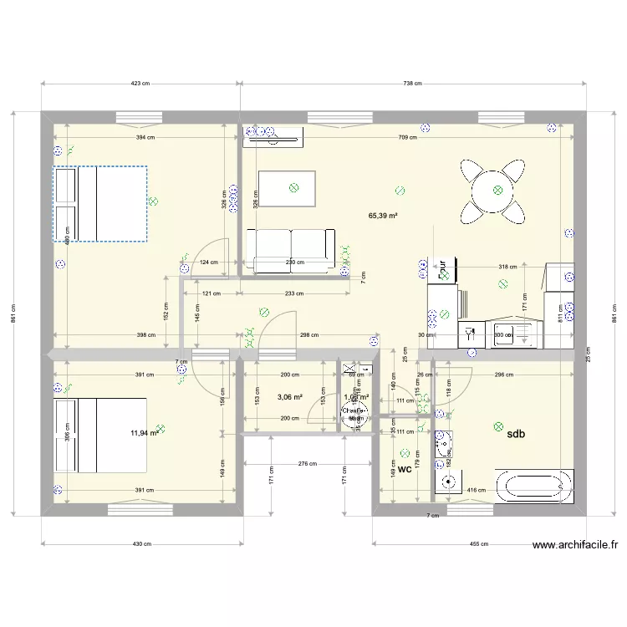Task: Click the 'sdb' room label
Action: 515,433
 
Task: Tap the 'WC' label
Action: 405,470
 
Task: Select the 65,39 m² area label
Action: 383,215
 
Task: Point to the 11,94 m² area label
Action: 143,433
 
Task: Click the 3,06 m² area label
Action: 289,398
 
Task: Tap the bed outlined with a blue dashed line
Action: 100,204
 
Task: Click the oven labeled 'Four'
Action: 443,269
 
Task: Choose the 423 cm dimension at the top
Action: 140,84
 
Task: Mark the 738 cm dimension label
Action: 412,84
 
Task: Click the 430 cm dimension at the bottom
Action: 141,544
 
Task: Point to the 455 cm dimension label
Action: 478,544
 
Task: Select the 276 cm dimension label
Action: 308,462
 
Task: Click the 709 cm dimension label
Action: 410,138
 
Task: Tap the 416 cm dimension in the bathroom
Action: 477,491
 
